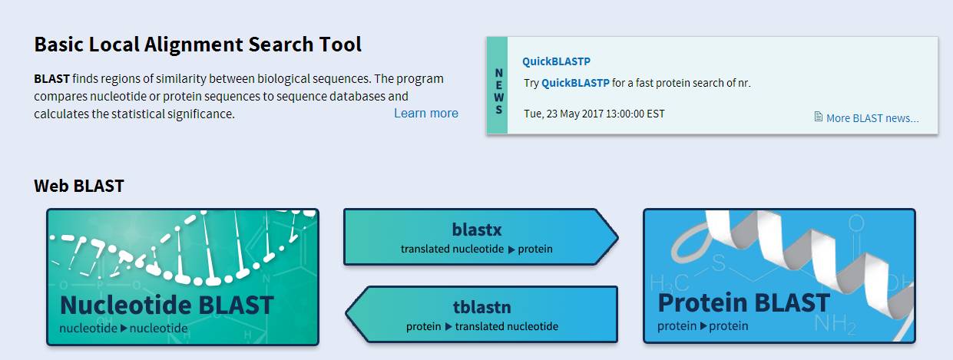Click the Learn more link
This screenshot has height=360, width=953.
[426, 113]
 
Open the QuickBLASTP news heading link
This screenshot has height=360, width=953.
[556, 61]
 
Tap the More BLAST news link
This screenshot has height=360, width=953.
[872, 117]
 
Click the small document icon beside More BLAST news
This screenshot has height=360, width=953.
[818, 117]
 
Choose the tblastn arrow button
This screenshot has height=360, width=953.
[481, 314]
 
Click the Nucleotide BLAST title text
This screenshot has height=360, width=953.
[167, 305]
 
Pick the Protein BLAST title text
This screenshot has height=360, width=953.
[743, 302]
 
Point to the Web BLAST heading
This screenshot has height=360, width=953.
[78, 186]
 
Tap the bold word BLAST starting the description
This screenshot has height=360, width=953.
[52, 78]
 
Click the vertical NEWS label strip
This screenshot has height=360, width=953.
[498, 85]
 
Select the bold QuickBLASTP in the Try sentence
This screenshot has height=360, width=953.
[575, 83]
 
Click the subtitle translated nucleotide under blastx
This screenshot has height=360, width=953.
[452, 249]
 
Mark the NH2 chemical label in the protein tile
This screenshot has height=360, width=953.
[835, 325]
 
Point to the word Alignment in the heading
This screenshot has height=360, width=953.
[194, 45]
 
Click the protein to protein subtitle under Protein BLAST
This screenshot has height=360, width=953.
[703, 326]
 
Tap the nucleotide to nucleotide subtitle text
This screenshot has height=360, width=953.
[124, 328]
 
